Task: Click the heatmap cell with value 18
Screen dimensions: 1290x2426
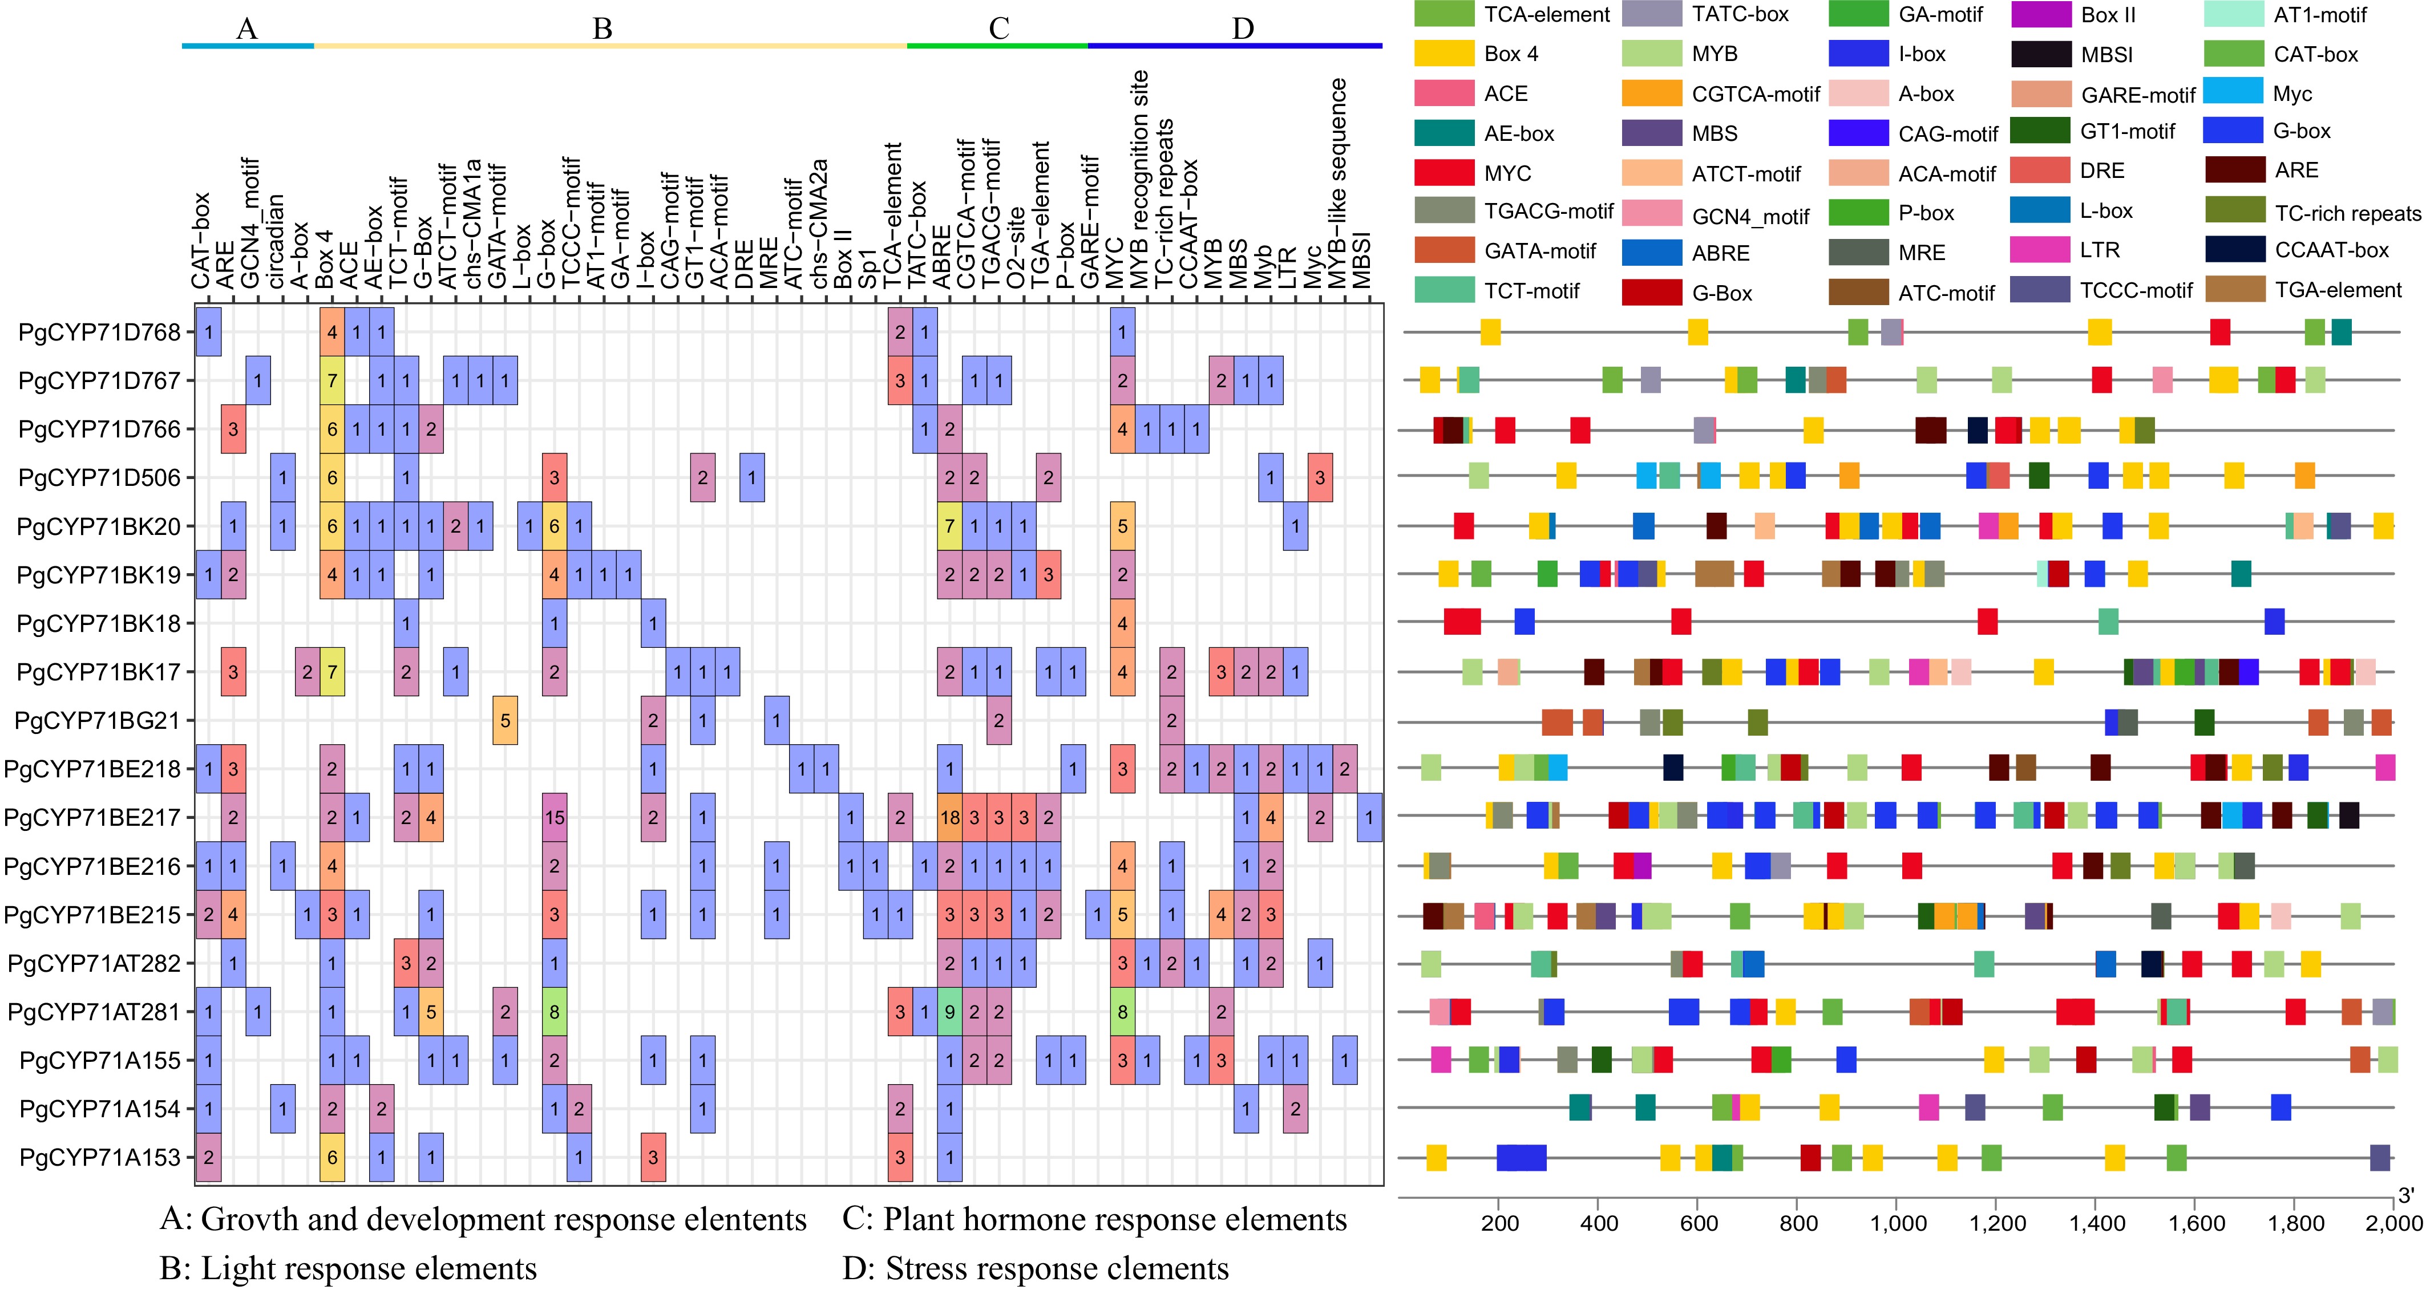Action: click(949, 817)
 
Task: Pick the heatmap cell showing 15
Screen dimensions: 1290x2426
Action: click(554, 817)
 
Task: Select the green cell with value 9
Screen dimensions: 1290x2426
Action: click(949, 1012)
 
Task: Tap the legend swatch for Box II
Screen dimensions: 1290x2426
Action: click(2040, 15)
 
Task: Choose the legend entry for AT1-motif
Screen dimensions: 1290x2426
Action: click(2319, 15)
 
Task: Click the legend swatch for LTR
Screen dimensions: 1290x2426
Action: click(2040, 250)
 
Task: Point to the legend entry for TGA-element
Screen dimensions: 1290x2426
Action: click(2338, 290)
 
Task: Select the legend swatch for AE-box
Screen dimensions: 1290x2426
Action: click(1444, 133)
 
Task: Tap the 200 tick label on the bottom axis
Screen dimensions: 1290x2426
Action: click(1499, 1223)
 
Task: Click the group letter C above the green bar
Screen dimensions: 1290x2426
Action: click(999, 29)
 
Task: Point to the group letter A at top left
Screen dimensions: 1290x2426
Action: click(246, 29)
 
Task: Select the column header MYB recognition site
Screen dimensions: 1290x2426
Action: click(1139, 179)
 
